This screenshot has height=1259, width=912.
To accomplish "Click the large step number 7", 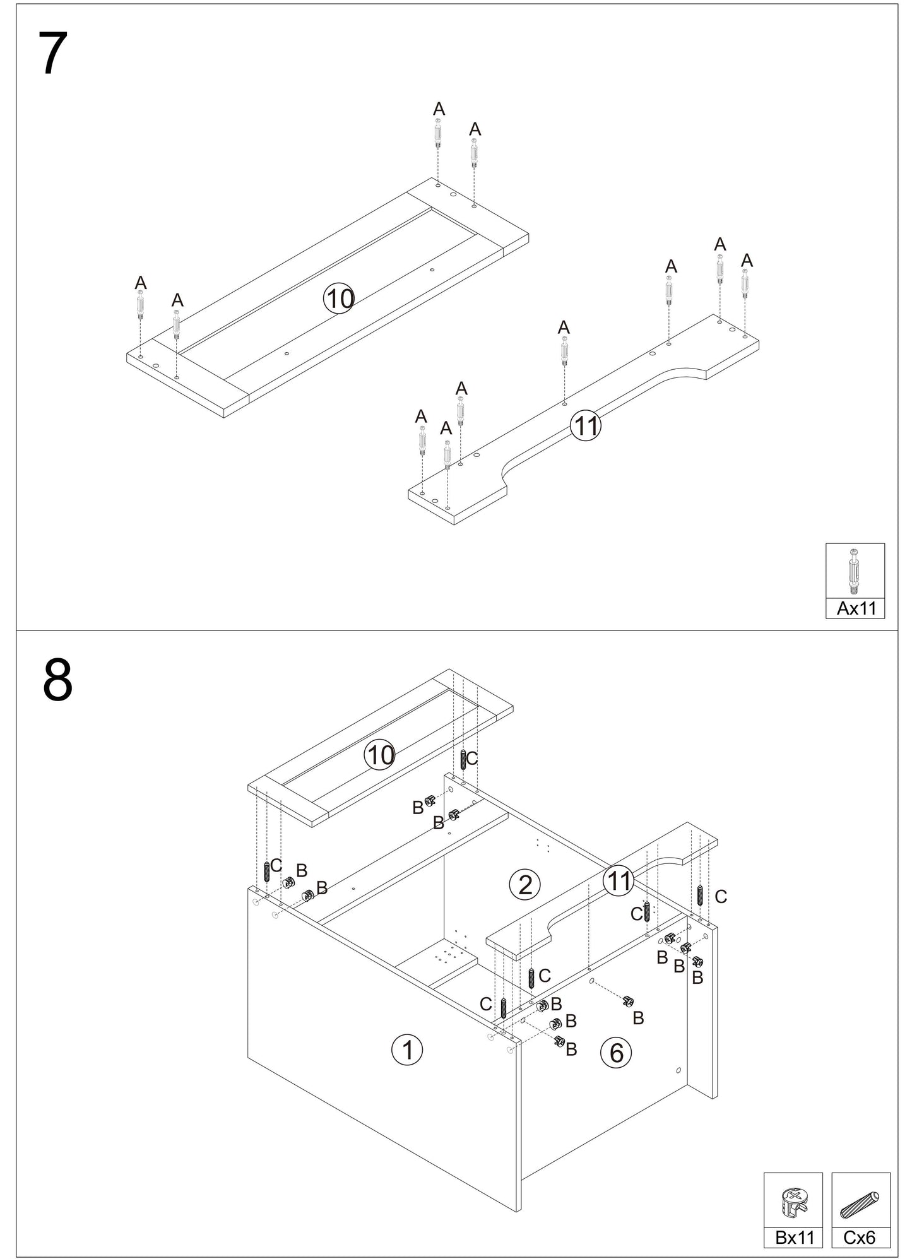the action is tap(53, 54).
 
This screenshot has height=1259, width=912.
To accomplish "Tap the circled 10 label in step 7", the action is tap(340, 298).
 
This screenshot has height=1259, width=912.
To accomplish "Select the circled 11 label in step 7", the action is tap(585, 426).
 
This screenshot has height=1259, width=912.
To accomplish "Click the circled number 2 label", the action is tap(524, 885).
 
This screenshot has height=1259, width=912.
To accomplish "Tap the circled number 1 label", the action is tap(407, 1049).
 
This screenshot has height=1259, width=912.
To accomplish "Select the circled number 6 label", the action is tap(616, 1053).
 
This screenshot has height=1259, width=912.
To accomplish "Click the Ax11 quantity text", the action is tap(856, 609).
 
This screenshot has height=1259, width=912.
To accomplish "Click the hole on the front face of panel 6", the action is tap(678, 1070).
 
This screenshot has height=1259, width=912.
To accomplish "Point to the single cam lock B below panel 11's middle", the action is tap(627, 1001).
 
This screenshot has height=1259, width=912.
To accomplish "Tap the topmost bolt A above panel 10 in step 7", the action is tap(437, 134).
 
